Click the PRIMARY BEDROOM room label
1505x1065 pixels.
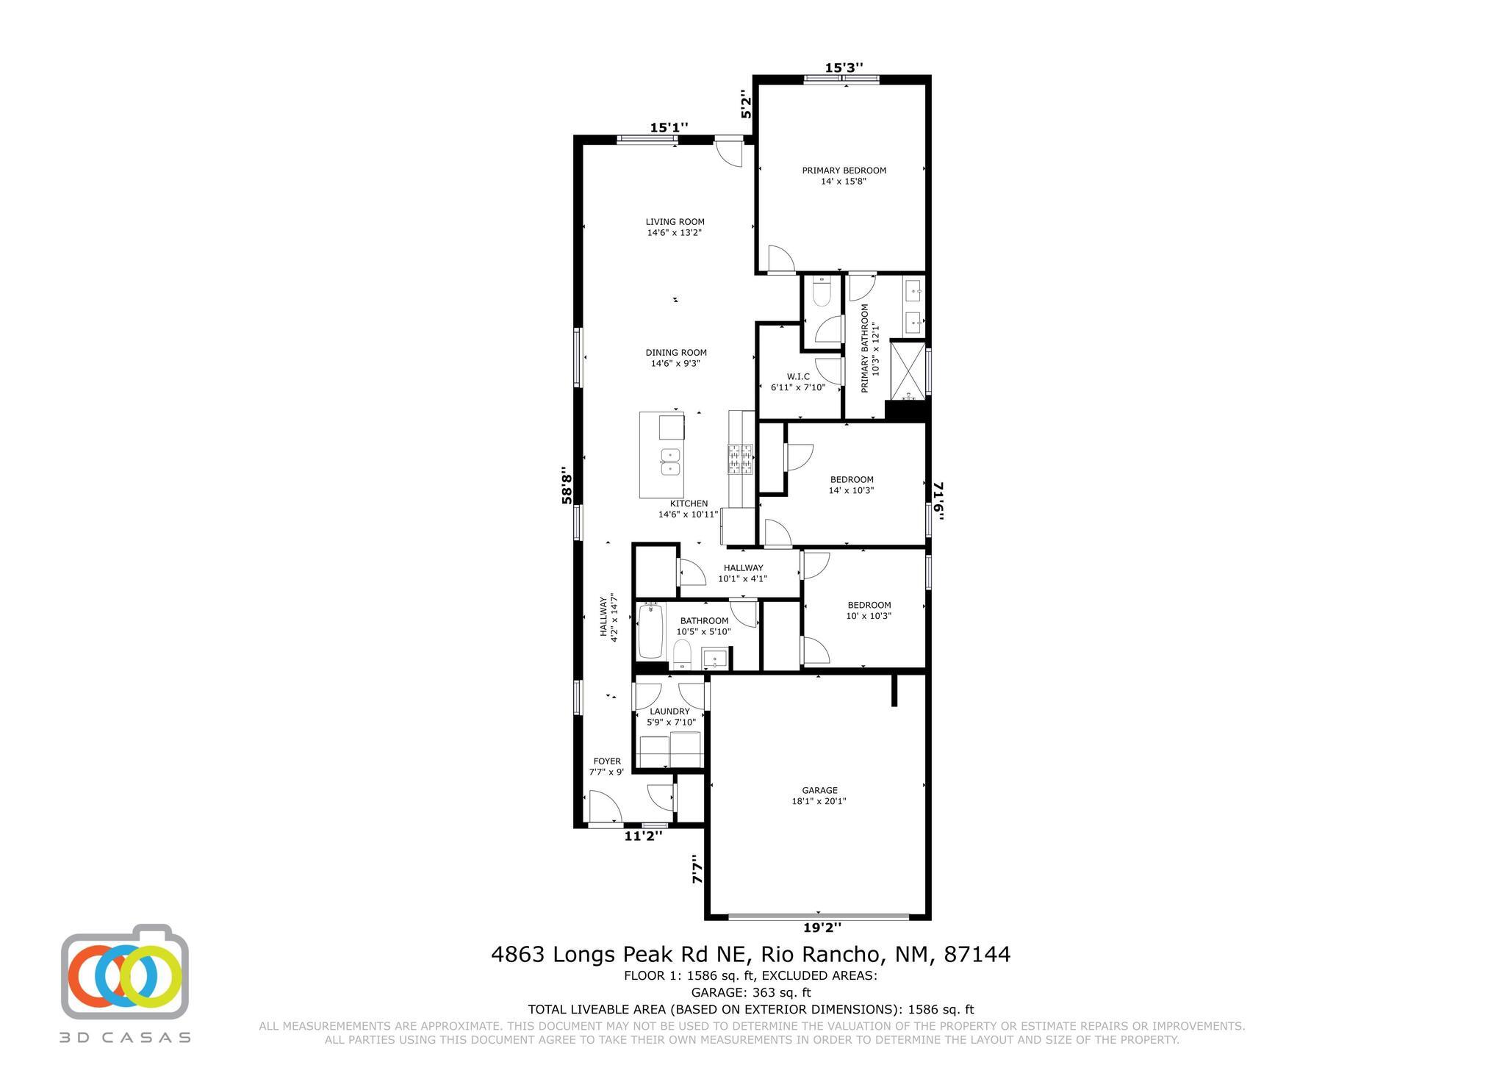click(x=844, y=171)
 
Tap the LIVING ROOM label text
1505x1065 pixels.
click(x=675, y=222)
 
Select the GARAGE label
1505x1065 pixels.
click(x=819, y=791)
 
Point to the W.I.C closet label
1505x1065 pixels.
click(x=798, y=376)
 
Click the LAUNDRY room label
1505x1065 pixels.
click(x=669, y=711)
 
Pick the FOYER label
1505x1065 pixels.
click(x=607, y=761)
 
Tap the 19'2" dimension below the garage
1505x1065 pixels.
click(x=822, y=928)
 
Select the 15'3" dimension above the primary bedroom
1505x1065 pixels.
click(x=844, y=68)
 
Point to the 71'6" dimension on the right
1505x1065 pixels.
click(x=938, y=501)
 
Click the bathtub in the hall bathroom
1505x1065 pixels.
click(x=651, y=631)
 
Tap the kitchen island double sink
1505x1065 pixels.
click(x=670, y=462)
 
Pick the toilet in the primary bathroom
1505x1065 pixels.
click(x=821, y=293)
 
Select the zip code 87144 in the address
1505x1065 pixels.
click(x=977, y=955)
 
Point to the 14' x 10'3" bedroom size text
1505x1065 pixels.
click(x=851, y=490)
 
